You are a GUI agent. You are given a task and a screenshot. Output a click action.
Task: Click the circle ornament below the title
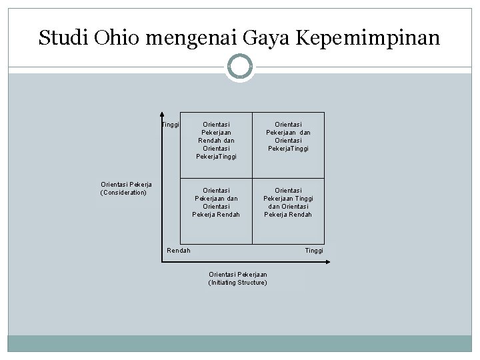pyautogui.click(x=240, y=67)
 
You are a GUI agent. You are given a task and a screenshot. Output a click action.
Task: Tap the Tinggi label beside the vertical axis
pyautogui.click(x=171, y=125)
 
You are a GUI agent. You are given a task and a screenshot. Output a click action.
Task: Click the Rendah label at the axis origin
pyautogui.click(x=179, y=251)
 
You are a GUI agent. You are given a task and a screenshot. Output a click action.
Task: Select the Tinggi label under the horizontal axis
pyautogui.click(x=314, y=251)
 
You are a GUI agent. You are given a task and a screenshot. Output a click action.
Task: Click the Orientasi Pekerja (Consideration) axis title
pyautogui.click(x=126, y=189)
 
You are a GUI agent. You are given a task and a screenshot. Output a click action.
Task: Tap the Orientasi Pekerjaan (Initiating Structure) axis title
pyautogui.click(x=238, y=279)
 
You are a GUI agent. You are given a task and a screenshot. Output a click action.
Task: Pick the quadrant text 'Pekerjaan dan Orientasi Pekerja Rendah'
pyautogui.click(x=216, y=202)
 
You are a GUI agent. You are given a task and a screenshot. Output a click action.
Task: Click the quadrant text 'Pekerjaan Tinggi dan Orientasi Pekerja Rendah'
pyautogui.click(x=288, y=202)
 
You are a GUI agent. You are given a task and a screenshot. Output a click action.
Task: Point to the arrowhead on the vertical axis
pyautogui.click(x=161, y=115)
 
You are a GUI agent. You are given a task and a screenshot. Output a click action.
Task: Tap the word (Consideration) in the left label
pyautogui.click(x=123, y=193)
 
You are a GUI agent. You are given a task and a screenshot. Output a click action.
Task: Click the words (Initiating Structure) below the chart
pyautogui.click(x=238, y=283)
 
